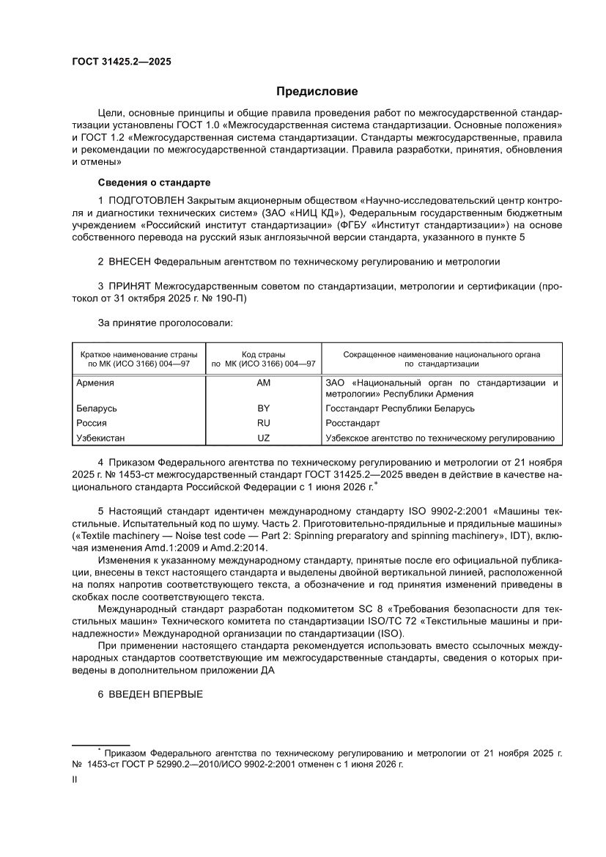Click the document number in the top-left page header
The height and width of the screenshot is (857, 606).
pyautogui.click(x=121, y=62)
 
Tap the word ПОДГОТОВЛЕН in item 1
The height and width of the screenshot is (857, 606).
pyautogui.click(x=146, y=200)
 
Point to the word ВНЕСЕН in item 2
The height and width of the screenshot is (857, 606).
pyautogui.click(x=131, y=261)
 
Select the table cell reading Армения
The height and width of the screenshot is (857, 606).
pyautogui.click(x=95, y=383)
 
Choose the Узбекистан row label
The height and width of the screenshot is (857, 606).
pyautogui.click(x=100, y=438)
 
